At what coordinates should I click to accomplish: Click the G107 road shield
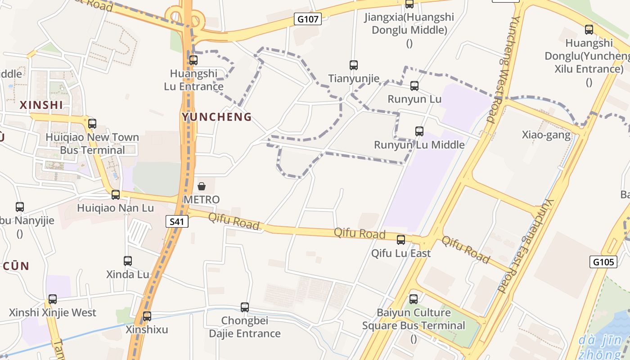point(308,19)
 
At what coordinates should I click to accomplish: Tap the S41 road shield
point(176,221)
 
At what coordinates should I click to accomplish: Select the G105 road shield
point(603,262)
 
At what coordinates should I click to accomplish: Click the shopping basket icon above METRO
point(202,186)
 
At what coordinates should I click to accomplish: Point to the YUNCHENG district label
point(216,117)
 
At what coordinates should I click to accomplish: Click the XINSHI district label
point(41,105)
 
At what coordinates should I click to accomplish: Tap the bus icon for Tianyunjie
point(354,65)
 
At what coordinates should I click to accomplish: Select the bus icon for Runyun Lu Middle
point(419,131)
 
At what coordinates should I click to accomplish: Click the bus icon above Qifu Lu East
point(401,240)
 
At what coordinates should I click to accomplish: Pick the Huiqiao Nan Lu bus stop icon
point(116,194)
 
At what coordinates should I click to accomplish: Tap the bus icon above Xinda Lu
point(128,261)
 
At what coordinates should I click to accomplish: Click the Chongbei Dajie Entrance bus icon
point(245,307)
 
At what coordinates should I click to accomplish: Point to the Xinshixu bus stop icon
point(147,316)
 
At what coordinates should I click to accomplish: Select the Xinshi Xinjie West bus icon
point(53,299)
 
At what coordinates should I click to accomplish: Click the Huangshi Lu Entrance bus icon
point(193,60)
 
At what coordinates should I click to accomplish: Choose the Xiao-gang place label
point(546,135)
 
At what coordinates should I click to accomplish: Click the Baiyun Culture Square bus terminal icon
point(414,299)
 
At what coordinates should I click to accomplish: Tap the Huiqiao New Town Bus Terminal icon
point(92,124)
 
